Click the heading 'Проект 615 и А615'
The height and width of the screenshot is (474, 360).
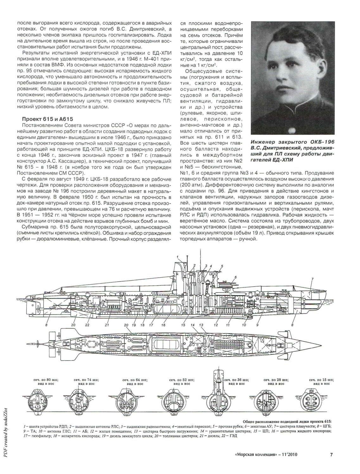coord(47,119)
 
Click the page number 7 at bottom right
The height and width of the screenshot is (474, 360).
coord(331,455)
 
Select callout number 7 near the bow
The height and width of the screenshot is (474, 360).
coord(312,279)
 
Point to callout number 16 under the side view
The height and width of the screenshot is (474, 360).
coord(163,325)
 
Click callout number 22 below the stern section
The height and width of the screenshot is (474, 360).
coord(87,325)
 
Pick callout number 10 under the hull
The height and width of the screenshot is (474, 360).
coord(244,325)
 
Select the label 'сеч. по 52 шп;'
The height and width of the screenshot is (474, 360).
coord(180,379)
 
